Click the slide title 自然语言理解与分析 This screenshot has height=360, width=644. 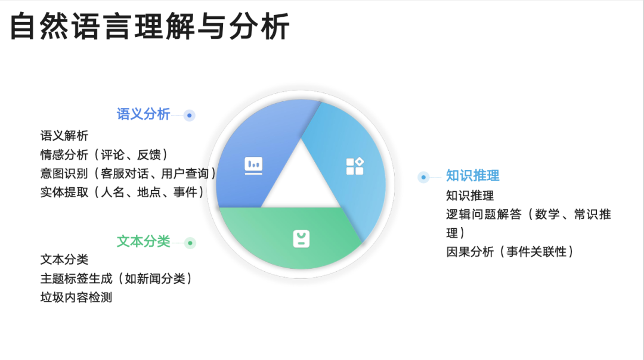tap(150, 27)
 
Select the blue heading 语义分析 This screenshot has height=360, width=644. tap(143, 114)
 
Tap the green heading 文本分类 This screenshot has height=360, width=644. tap(143, 241)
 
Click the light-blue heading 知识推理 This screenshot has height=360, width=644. tap(473, 176)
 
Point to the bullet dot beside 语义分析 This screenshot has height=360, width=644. tap(190, 116)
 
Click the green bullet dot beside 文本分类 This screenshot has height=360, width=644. tap(190, 243)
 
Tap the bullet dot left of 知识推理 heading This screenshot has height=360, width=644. tap(423, 178)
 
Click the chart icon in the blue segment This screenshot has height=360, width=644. tap(253, 166)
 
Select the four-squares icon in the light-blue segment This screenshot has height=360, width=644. tap(355, 166)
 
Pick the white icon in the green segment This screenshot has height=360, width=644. tap(301, 239)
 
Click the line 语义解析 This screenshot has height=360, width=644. tap(64, 136)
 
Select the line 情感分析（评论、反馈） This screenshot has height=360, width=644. tap(105, 155)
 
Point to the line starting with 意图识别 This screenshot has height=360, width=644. tap(129, 173)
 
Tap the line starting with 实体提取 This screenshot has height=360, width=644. tap(123, 192)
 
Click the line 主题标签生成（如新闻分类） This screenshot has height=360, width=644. tap(117, 279)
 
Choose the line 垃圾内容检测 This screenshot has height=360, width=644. tap(76, 297)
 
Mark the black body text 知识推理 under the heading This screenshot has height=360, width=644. tap(470, 196)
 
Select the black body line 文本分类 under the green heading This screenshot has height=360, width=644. tap(64, 259)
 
